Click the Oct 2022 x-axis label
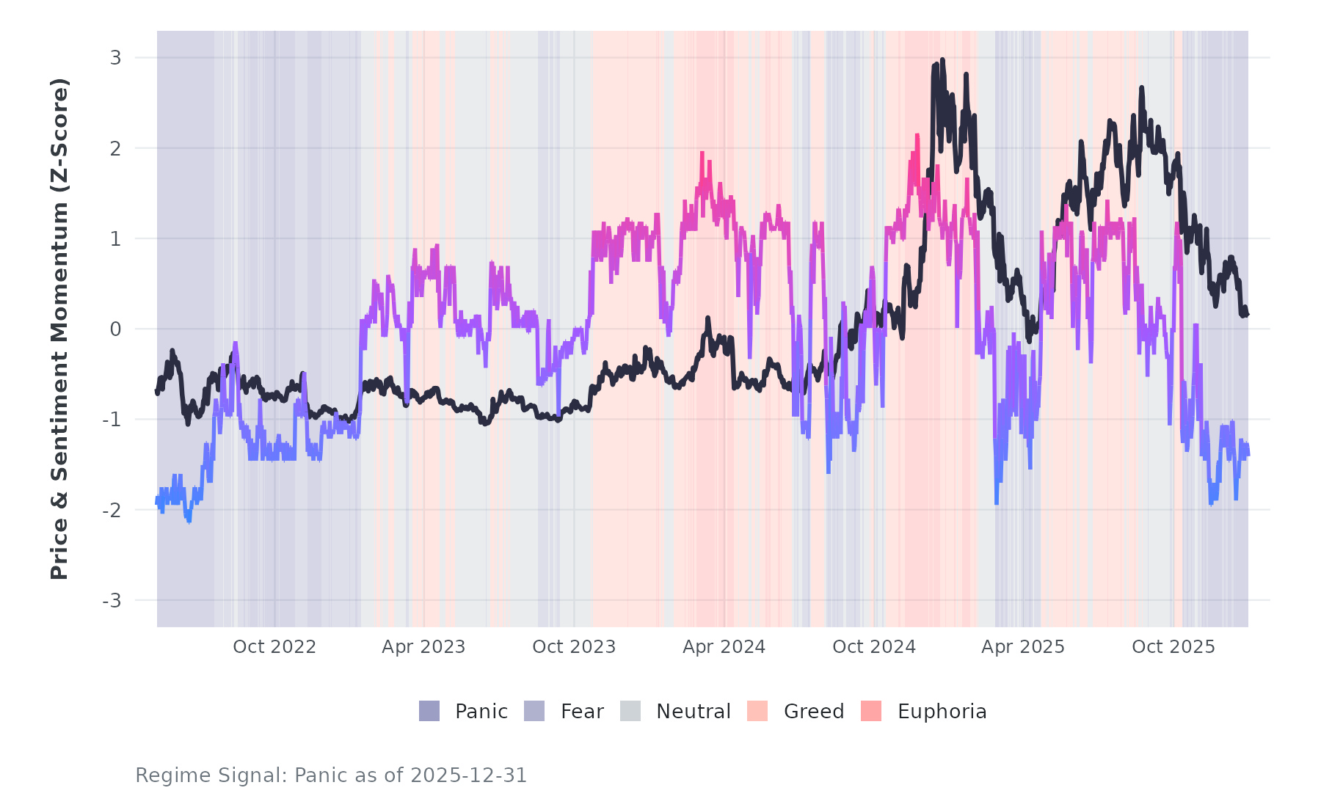point(274,647)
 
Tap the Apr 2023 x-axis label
point(423,647)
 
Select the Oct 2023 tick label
point(574,647)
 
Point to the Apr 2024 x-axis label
point(724,647)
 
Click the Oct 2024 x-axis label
point(874,647)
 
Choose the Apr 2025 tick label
point(1023,647)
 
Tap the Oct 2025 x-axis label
point(1173,647)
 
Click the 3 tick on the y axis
point(115,58)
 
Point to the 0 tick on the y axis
point(115,329)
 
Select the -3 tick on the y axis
point(112,601)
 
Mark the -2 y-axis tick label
point(112,511)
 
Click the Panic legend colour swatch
point(429,711)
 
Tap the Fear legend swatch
point(534,711)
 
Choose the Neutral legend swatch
point(630,711)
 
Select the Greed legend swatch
point(757,711)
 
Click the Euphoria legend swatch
point(871,711)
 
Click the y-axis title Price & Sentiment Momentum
point(59,329)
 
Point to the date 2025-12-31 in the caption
point(468,775)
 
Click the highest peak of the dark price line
point(942,61)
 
